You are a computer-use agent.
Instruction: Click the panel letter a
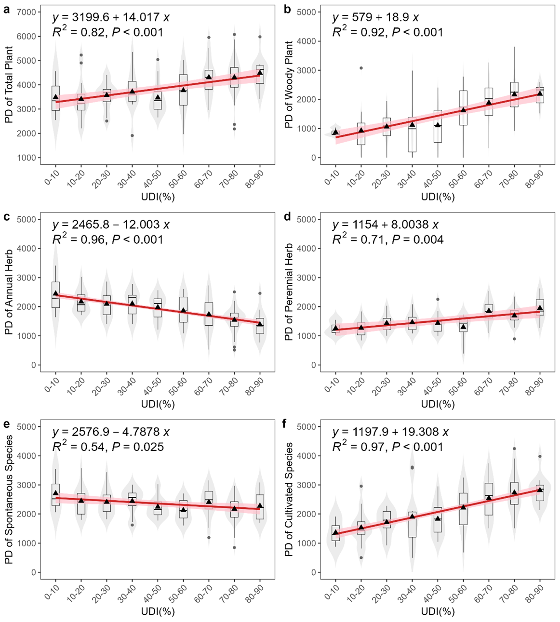[7, 10]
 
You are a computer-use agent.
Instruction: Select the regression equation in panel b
[375, 18]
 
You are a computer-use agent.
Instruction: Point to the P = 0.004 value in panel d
[417, 239]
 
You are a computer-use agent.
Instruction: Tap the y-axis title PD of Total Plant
[10, 85]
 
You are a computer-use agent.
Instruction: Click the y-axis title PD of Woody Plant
[289, 85]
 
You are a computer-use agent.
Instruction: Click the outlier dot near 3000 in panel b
[361, 68]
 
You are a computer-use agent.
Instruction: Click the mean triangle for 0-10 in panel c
[56, 293]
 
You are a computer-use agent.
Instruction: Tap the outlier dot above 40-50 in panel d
[438, 299]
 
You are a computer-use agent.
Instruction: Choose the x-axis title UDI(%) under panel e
[158, 611]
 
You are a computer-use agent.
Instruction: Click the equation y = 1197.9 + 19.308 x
[390, 432]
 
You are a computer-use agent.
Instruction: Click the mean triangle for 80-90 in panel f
[540, 490]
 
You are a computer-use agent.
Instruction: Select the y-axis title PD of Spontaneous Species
[10, 499]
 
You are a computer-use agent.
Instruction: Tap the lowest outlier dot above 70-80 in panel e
[234, 547]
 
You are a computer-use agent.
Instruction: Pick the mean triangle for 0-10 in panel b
[335, 132]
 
